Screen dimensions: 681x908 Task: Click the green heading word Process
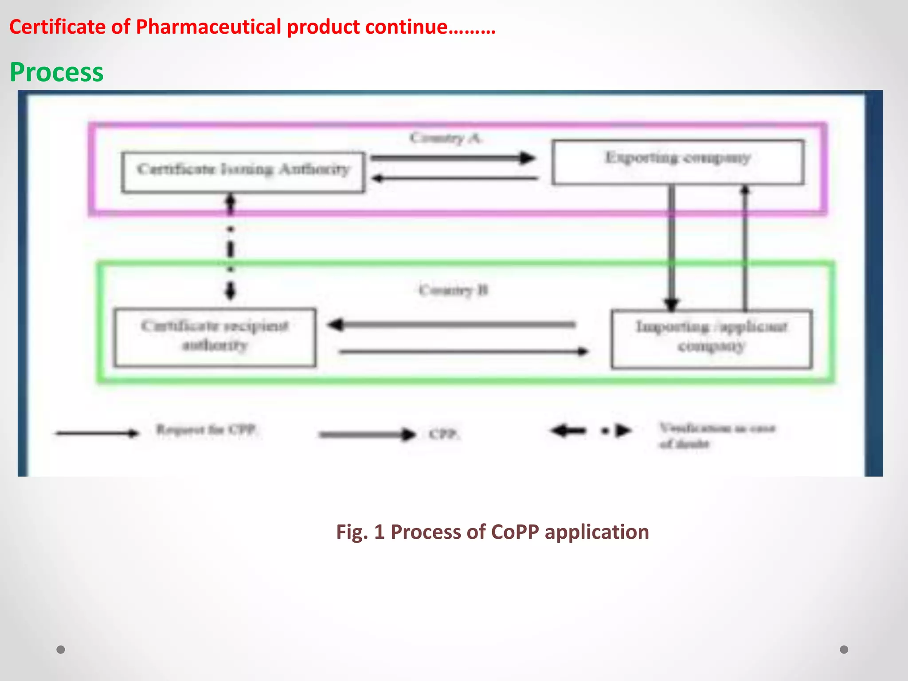click(57, 72)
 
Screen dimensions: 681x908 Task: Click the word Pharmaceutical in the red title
click(208, 27)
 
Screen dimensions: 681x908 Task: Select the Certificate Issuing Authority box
click(243, 172)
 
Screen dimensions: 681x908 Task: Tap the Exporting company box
click(677, 162)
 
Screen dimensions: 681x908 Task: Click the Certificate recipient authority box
click(215, 337)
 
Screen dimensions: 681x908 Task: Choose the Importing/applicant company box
click(711, 339)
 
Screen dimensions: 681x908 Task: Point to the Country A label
click(446, 138)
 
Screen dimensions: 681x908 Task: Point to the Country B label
click(453, 290)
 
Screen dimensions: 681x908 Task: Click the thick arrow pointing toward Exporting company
click(452, 157)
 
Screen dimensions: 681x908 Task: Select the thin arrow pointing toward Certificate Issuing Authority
click(454, 178)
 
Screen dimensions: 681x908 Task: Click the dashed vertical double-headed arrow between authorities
click(230, 248)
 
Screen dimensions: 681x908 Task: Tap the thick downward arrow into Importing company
click(672, 248)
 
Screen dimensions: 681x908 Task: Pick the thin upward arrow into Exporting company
click(745, 248)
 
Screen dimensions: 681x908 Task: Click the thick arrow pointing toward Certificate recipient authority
click(452, 325)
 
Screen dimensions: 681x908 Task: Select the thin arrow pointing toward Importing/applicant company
click(463, 352)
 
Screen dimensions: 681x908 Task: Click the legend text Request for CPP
click(206, 430)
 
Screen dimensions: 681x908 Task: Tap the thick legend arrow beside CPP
click(367, 434)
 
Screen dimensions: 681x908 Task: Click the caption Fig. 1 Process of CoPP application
click(492, 532)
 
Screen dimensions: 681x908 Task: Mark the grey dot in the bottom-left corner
click(61, 650)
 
